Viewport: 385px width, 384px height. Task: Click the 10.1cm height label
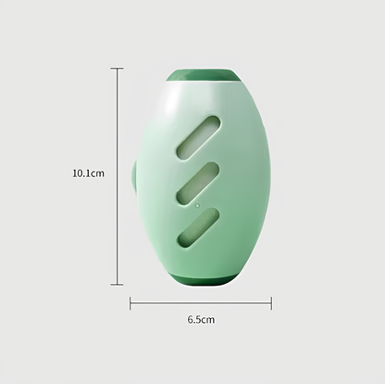pos(88,173)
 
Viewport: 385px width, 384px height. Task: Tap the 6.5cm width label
pos(201,319)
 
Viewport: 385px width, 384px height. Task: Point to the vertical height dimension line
pos(117,176)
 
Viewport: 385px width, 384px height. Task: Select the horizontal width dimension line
pos(201,303)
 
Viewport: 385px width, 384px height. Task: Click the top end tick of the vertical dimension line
pos(117,69)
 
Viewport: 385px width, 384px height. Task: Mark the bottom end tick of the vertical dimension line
pos(117,285)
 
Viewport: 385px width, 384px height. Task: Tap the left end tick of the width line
pos(130,303)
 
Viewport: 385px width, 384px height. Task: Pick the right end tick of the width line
pos(271,303)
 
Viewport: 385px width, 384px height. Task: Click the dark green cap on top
pos(203,76)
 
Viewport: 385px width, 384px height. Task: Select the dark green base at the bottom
pos(203,279)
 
